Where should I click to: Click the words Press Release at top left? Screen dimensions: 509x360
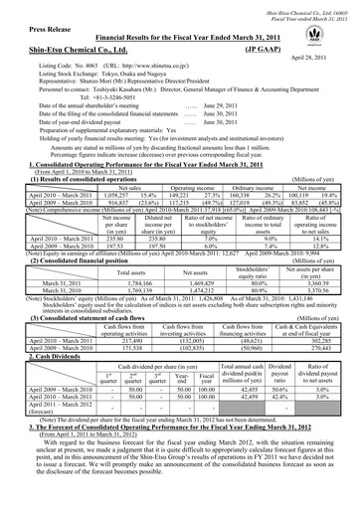tap(41, 31)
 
